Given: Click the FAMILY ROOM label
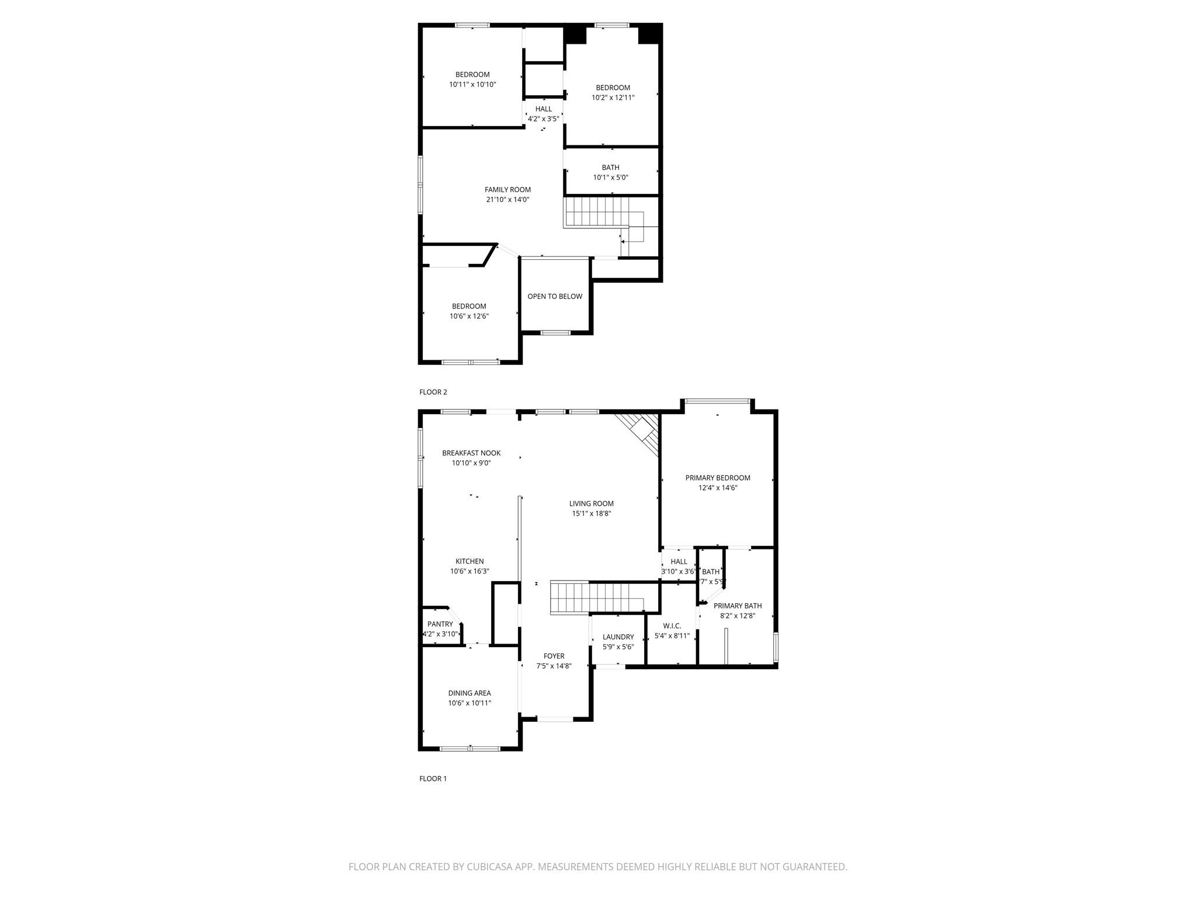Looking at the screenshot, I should click(507, 189).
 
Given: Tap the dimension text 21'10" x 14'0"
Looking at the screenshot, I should click(507, 200).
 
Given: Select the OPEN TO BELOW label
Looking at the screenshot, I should click(555, 296).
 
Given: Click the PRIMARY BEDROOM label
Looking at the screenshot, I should click(718, 478).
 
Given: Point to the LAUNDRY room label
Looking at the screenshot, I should click(618, 637).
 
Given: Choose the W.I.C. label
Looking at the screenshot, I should click(672, 625).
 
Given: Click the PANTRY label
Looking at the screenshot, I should click(440, 624).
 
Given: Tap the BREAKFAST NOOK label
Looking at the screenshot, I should click(471, 453).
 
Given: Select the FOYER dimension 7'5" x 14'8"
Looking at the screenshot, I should click(554, 666).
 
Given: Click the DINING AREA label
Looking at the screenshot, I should click(470, 693).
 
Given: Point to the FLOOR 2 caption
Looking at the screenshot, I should click(433, 392).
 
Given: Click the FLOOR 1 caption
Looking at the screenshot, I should click(433, 778).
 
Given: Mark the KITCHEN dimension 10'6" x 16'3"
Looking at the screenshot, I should click(470, 572).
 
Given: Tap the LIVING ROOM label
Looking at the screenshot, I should click(591, 503).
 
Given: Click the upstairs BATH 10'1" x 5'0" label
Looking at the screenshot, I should click(610, 168).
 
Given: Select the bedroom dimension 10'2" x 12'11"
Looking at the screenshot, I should click(613, 98).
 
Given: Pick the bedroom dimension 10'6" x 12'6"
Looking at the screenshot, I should click(469, 317).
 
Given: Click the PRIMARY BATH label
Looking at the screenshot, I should click(738, 606).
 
